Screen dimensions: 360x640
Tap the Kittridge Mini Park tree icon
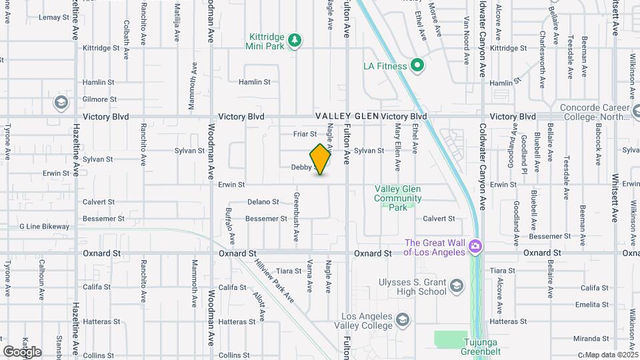[x=295, y=41]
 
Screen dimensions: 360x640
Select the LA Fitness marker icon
[x=417, y=65]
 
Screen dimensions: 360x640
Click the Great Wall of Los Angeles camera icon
[x=475, y=247]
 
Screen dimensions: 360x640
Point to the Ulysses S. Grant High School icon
[x=457, y=287]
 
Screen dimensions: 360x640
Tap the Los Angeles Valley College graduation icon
[x=403, y=321]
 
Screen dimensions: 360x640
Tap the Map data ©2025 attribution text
[x=611, y=355]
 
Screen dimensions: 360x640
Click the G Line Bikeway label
[x=44, y=227]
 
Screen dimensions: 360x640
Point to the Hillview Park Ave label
[x=274, y=280]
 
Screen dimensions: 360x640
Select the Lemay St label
[x=54, y=17]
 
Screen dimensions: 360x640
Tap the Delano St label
[x=263, y=201]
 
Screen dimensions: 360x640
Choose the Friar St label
[x=305, y=134]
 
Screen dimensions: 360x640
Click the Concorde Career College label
[x=595, y=111]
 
